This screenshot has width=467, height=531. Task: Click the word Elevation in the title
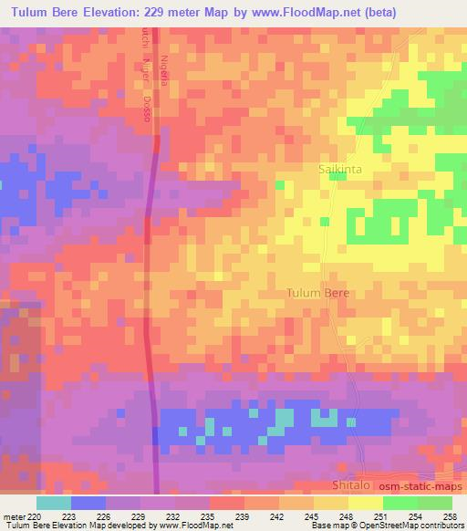click(118, 12)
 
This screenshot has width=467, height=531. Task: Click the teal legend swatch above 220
click(53, 503)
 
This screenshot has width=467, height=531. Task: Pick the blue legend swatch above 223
click(88, 503)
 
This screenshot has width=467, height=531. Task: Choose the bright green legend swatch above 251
click(400, 503)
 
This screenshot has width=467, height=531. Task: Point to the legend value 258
click(450, 515)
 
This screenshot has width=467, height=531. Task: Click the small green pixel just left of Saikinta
click(279, 185)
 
